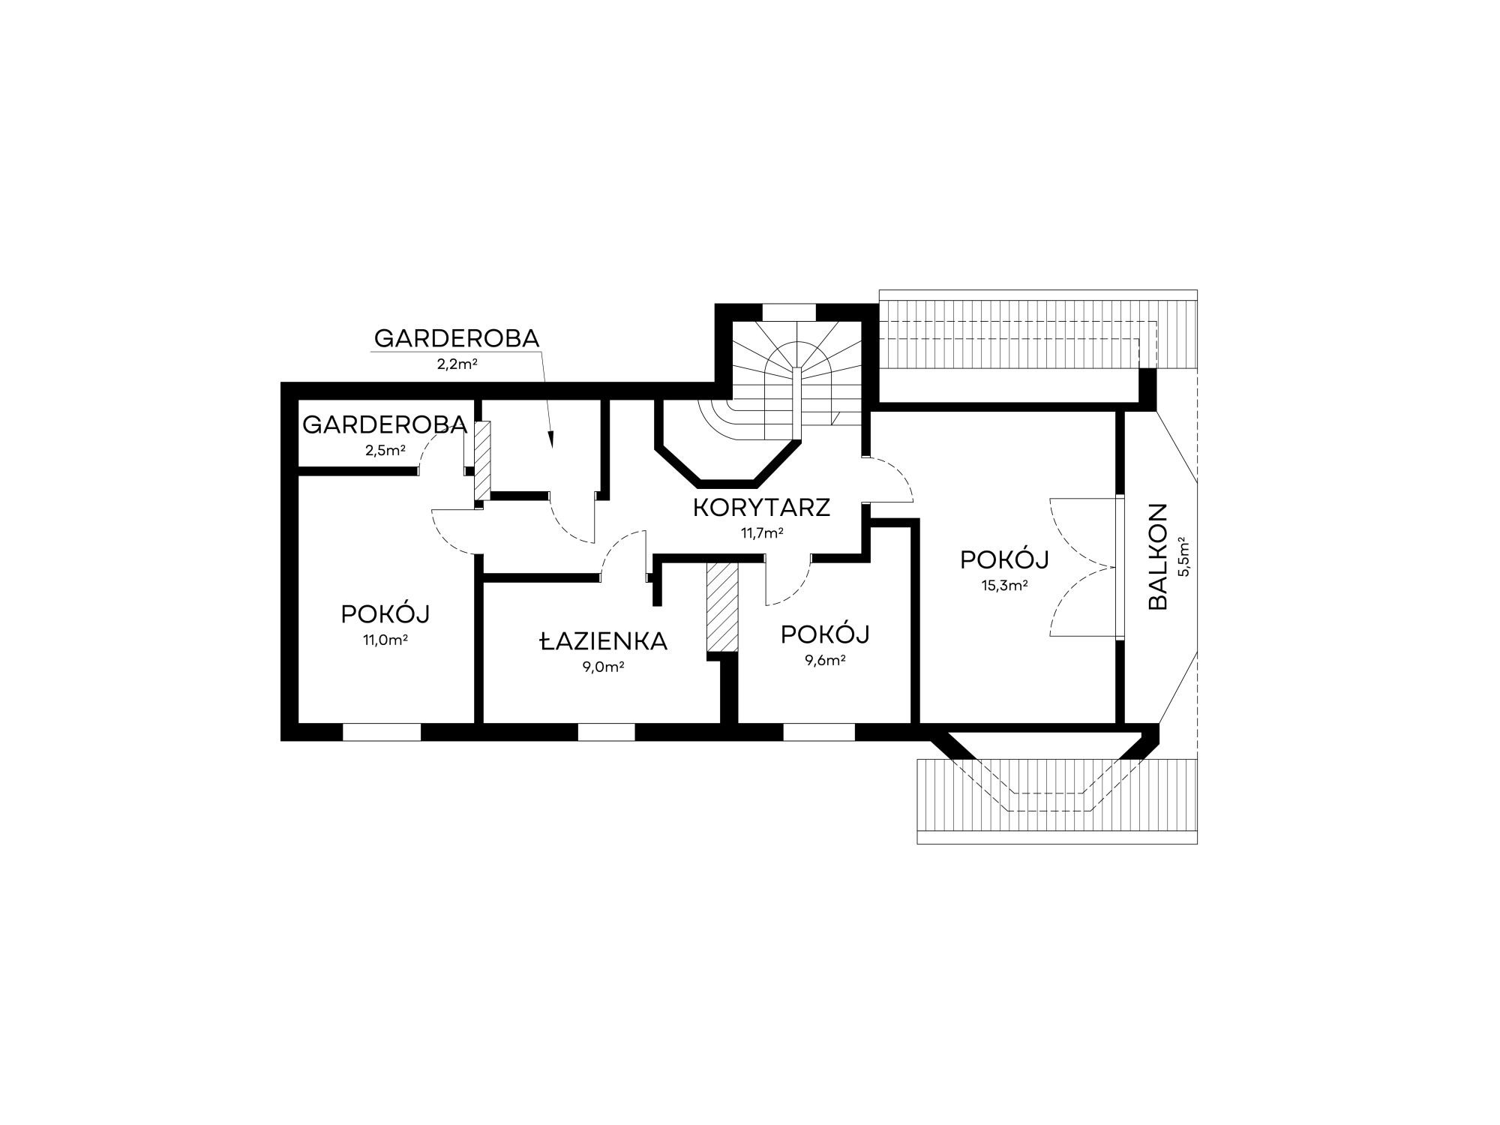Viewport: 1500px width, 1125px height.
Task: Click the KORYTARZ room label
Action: (761, 508)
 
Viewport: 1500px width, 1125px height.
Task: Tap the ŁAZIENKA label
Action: (604, 641)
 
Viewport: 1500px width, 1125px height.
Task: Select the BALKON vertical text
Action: (1159, 556)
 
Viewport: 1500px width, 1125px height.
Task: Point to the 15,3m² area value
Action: (1004, 586)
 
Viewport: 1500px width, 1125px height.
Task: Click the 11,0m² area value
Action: (385, 640)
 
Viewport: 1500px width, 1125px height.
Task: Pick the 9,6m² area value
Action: (825, 660)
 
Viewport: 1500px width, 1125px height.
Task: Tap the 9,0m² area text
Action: (604, 667)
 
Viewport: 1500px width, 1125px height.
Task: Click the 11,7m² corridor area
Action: (762, 533)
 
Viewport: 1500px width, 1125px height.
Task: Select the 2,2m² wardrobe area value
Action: (457, 364)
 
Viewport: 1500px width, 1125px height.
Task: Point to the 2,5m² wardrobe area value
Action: (385, 451)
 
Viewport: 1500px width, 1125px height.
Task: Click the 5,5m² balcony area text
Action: (1184, 556)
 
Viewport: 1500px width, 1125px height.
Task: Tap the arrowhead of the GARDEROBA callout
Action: (551, 441)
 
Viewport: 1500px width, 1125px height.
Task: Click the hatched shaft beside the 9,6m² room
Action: (722, 607)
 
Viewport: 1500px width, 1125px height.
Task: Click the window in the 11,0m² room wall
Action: (382, 732)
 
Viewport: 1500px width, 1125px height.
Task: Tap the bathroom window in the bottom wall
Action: (607, 732)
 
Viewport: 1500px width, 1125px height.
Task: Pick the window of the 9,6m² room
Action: (819, 732)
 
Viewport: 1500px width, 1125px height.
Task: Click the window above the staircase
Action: (788, 311)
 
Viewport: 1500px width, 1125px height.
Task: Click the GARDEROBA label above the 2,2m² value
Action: (457, 339)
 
